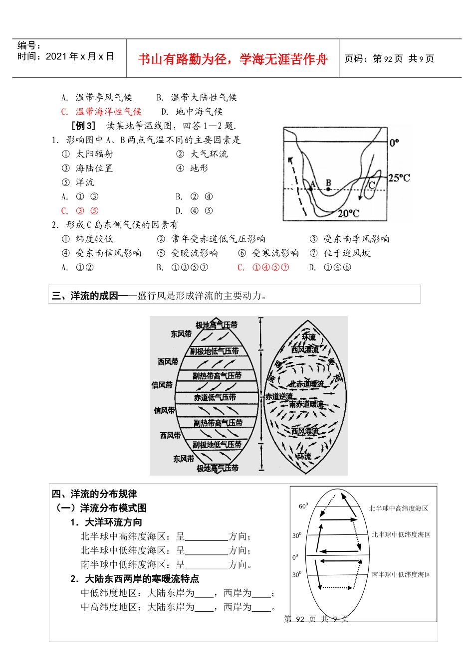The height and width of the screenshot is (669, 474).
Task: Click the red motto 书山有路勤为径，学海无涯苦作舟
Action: (233, 59)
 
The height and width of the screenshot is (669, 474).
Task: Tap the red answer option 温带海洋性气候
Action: (108, 112)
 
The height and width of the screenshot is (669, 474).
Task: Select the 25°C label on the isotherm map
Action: (399, 178)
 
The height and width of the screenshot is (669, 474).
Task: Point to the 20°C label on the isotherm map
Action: (348, 213)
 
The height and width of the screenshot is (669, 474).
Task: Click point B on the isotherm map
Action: (328, 189)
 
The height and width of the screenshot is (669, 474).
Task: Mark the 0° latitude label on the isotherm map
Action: (394, 143)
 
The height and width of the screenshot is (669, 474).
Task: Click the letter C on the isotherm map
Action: (372, 185)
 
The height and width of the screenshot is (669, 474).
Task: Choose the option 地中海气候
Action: (199, 112)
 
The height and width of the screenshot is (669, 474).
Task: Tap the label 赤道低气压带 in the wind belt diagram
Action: (215, 397)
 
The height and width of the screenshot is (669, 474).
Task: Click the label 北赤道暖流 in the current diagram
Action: (306, 384)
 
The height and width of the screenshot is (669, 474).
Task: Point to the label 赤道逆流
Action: (278, 396)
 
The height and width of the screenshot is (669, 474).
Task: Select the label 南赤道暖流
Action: (306, 404)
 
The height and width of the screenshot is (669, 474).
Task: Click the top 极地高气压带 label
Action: (216, 325)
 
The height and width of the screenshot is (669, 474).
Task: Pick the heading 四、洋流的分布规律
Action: (94, 494)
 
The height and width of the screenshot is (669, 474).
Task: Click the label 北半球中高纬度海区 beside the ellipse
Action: (398, 508)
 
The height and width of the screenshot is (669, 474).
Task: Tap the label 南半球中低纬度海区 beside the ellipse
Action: (401, 575)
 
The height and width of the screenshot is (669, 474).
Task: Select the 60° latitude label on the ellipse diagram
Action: (303, 506)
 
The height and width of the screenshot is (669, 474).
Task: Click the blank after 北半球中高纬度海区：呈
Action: (206, 537)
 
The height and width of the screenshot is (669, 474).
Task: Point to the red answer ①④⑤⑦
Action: (270, 268)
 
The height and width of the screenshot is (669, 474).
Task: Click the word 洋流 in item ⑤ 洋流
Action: (85, 182)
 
